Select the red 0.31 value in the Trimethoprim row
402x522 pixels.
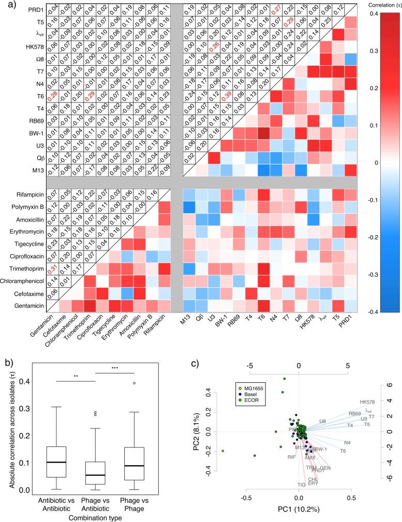(38, 269)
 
